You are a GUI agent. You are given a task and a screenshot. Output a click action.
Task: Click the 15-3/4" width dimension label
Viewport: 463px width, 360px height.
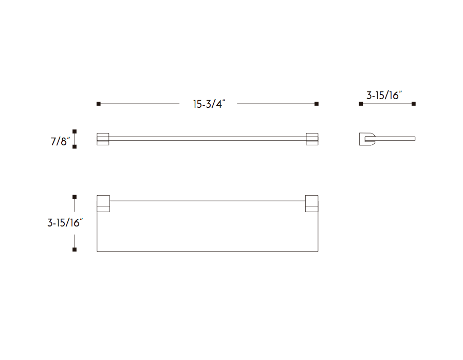coord(209,104)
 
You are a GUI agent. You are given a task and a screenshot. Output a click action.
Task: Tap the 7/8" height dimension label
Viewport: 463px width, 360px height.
coord(60,141)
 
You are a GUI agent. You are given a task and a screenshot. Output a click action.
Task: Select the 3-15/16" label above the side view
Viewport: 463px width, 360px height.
coord(384,95)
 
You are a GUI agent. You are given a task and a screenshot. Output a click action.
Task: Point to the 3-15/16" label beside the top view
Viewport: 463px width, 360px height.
coord(65,222)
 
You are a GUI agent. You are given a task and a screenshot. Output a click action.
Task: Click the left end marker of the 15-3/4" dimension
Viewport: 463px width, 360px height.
coord(99,104)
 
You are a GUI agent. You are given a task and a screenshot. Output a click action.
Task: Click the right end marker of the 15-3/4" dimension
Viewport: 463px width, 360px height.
coord(317,104)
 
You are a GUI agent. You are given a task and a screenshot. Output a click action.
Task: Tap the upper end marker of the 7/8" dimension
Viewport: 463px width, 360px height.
coord(75,131)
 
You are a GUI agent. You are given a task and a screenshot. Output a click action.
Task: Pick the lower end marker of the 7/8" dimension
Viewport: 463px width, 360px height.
coord(75,147)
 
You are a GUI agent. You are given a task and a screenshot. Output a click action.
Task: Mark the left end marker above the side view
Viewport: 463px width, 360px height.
coord(361,104)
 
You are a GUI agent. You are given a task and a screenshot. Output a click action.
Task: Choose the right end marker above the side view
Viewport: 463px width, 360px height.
coord(414,104)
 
